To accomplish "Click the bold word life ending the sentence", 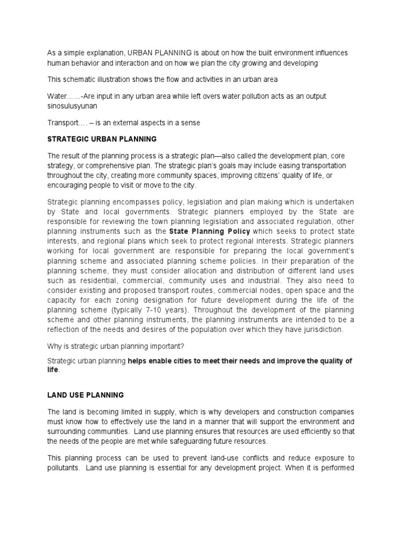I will coord(53,370).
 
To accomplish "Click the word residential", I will coord(88,281).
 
